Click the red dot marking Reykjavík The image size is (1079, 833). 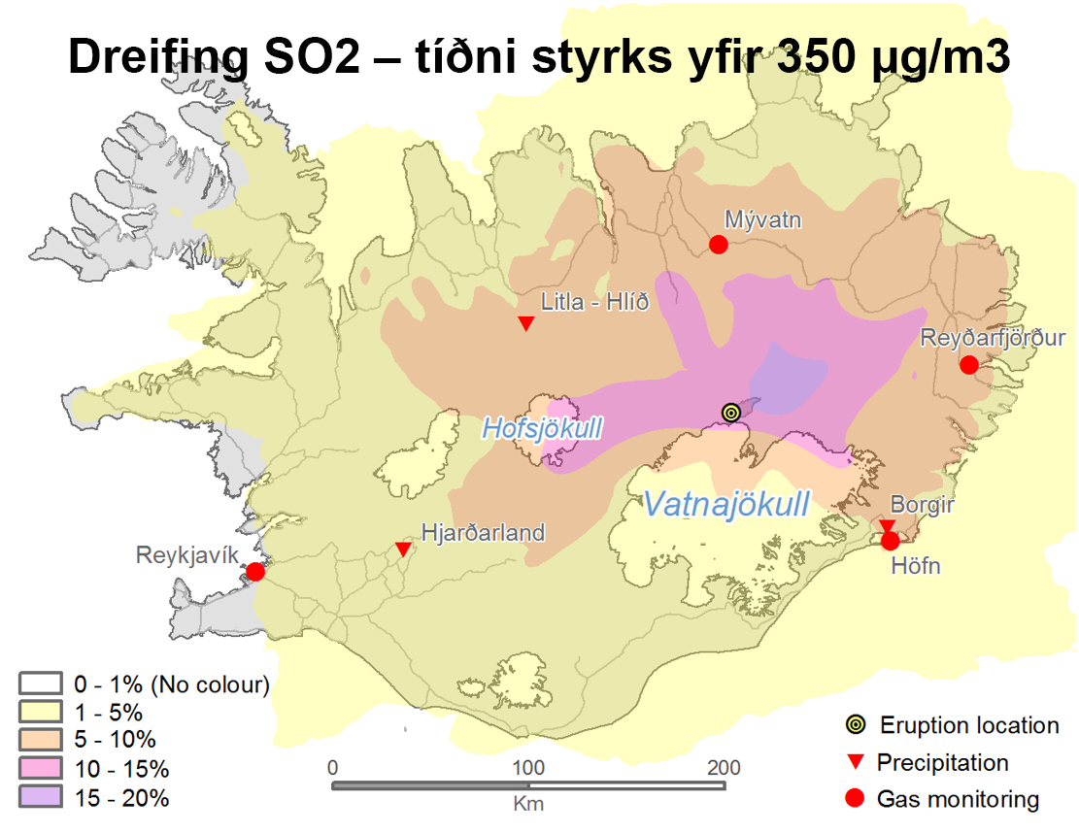click(x=255, y=572)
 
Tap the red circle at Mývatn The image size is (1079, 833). click(x=719, y=245)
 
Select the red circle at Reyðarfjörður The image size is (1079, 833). click(x=968, y=365)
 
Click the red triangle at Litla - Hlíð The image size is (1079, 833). click(x=525, y=323)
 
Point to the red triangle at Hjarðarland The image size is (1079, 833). click(x=403, y=550)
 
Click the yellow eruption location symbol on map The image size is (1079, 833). click(x=731, y=413)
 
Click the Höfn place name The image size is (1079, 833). click(x=915, y=565)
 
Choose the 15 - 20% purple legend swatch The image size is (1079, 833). click(x=42, y=798)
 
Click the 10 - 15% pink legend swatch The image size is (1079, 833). click(x=42, y=770)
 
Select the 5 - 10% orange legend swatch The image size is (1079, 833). click(x=42, y=741)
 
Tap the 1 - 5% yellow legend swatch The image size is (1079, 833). click(x=42, y=713)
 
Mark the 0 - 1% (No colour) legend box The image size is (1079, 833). click(x=42, y=684)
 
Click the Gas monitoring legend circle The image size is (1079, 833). click(x=855, y=799)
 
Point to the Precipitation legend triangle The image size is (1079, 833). click(x=855, y=762)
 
